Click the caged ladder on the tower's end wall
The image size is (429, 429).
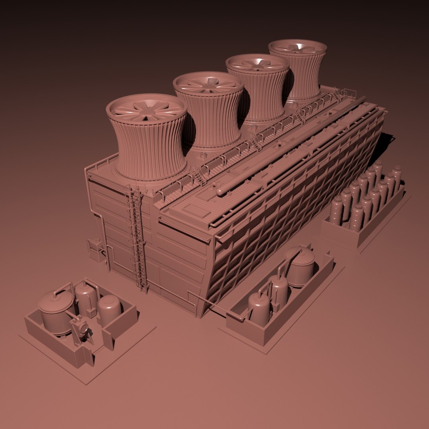pos(137,238)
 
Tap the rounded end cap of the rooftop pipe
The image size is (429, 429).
pos(220,191)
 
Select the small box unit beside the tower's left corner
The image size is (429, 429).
pos(95,249)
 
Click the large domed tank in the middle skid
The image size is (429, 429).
pos(300,267)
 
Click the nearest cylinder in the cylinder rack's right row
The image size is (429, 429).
pos(356,217)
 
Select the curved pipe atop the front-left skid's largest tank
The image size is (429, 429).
pos(64,289)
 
